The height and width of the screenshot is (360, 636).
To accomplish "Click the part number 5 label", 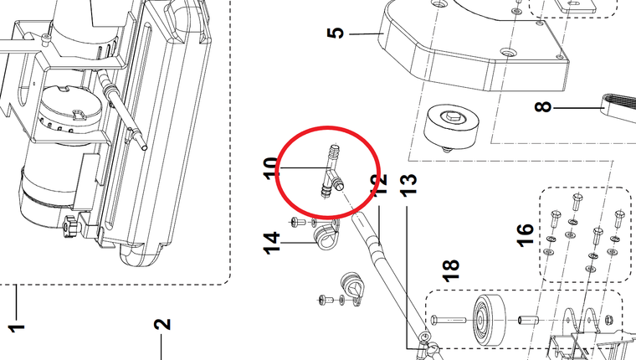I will click(x=335, y=33).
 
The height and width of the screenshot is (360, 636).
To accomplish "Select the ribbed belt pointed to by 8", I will click(x=618, y=106).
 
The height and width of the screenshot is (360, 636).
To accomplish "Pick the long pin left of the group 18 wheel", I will click(x=452, y=319).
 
